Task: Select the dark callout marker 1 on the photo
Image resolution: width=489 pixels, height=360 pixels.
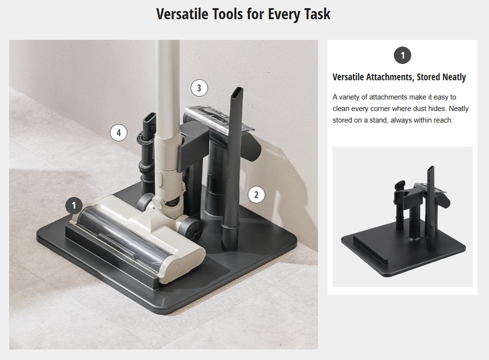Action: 74,205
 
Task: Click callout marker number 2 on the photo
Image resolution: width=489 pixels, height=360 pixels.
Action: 256,194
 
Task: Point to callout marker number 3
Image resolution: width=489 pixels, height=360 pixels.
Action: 199,88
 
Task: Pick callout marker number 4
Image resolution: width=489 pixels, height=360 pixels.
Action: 119,133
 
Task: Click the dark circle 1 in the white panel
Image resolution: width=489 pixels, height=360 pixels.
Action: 402,55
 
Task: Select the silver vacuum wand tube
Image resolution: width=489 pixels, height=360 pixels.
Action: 167,87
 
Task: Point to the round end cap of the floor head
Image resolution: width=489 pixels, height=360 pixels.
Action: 176,270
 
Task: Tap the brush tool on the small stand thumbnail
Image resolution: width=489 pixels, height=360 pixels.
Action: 400,185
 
